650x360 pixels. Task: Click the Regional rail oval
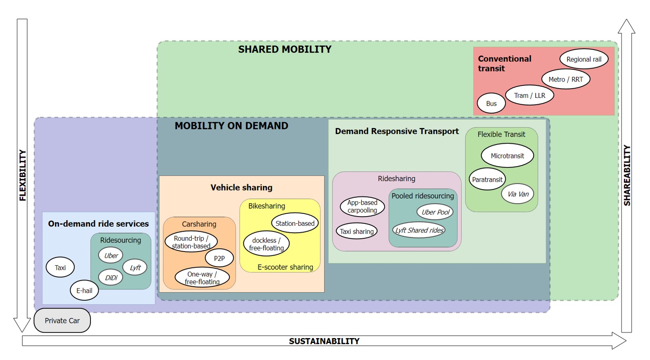click(584, 59)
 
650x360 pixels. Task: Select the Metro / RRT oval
click(565, 79)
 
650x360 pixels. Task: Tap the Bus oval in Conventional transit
click(491, 103)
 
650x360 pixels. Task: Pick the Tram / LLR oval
click(529, 96)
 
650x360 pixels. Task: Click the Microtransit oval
click(507, 156)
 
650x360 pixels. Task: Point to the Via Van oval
click(518, 194)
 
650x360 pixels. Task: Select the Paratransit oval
click(487, 179)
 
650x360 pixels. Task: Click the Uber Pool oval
click(435, 212)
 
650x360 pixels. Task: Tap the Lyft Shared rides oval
click(419, 230)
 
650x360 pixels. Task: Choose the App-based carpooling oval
click(362, 206)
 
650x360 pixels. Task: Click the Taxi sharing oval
click(357, 231)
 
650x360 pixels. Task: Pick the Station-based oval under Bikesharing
click(295, 223)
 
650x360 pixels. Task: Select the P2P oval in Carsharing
click(219, 258)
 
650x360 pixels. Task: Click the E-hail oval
click(84, 291)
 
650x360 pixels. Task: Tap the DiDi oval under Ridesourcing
click(111, 278)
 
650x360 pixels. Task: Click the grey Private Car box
click(62, 321)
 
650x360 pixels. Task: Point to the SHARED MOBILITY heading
click(285, 50)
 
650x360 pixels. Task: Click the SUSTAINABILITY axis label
click(324, 341)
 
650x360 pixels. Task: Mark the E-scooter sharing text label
click(285, 267)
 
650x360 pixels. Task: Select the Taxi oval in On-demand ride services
click(60, 268)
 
